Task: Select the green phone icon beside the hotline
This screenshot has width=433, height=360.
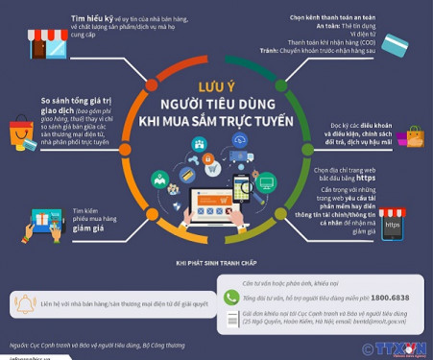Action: pyautogui.click(x=230, y=298)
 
